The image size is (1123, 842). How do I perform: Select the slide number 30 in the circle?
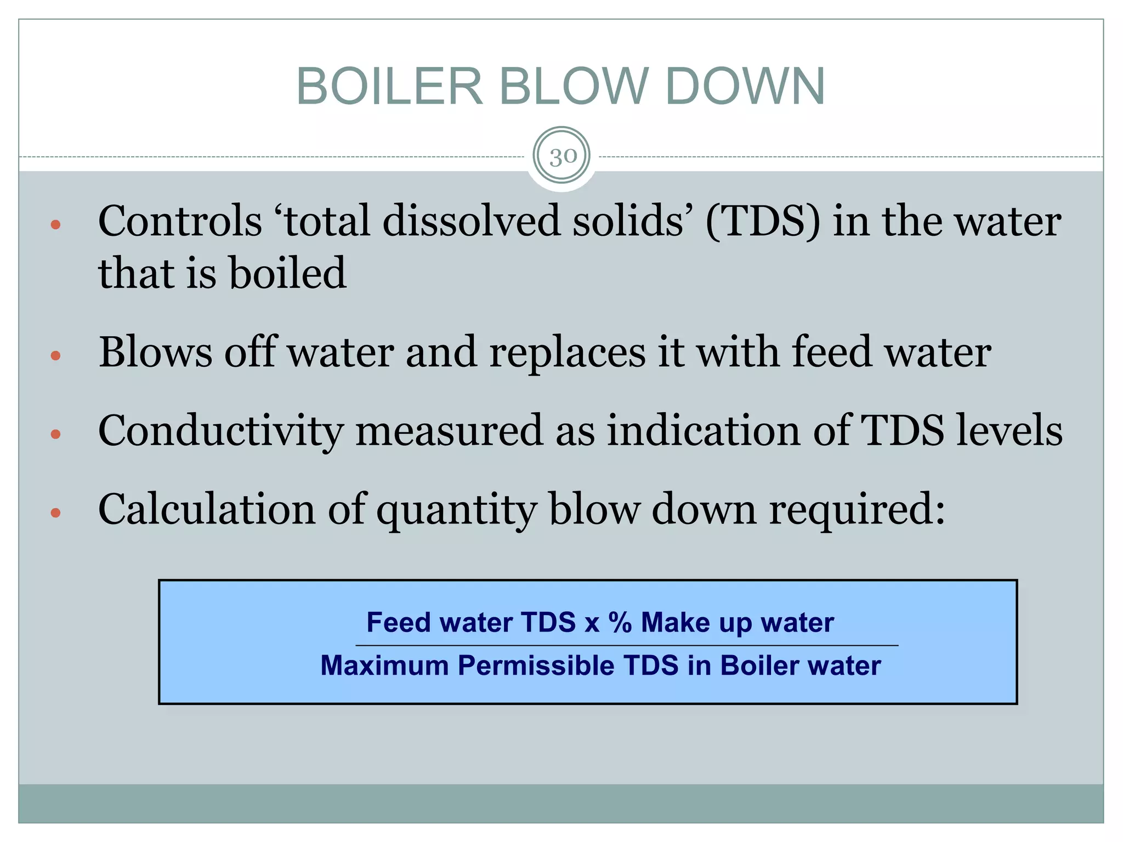[562, 157]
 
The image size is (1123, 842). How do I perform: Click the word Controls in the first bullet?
[180, 221]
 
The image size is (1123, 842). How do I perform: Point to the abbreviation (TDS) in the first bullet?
[763, 221]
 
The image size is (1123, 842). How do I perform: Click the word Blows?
[155, 352]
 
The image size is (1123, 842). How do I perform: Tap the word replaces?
[567, 353]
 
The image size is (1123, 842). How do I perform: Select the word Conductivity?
[220, 431]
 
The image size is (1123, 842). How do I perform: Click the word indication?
[704, 430]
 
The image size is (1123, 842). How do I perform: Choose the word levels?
[1009, 430]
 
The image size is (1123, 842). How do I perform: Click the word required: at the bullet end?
[857, 510]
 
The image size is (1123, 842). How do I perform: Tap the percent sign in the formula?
[620, 623]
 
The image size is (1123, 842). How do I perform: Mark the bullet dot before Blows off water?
[55, 356]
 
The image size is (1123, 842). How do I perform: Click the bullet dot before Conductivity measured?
[55, 435]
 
